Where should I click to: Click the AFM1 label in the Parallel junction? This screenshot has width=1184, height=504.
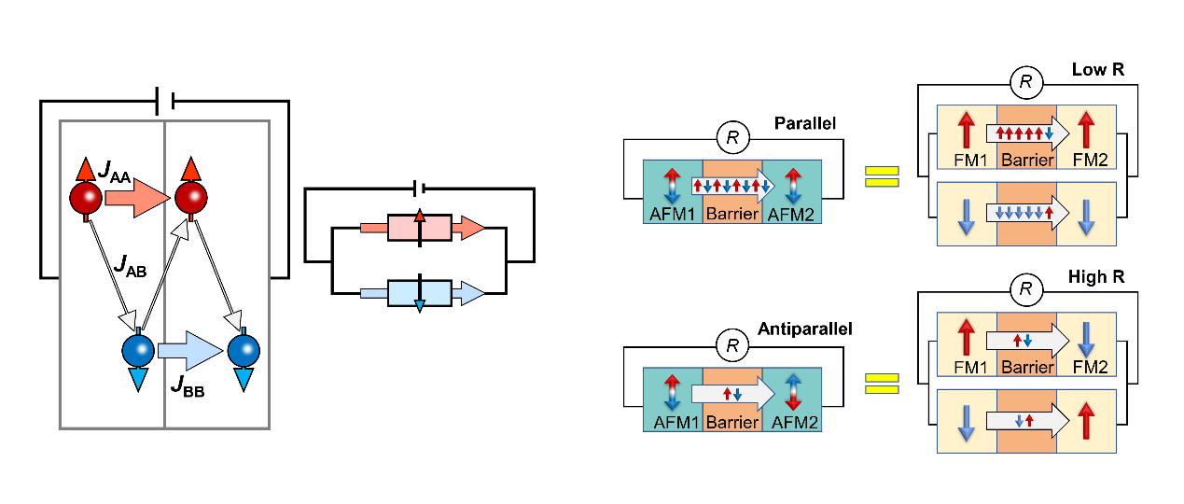coord(672,215)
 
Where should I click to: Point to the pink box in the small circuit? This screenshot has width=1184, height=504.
coord(420,228)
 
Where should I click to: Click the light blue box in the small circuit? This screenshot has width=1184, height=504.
coord(420,293)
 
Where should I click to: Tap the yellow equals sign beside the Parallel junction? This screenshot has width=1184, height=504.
coord(882,176)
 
